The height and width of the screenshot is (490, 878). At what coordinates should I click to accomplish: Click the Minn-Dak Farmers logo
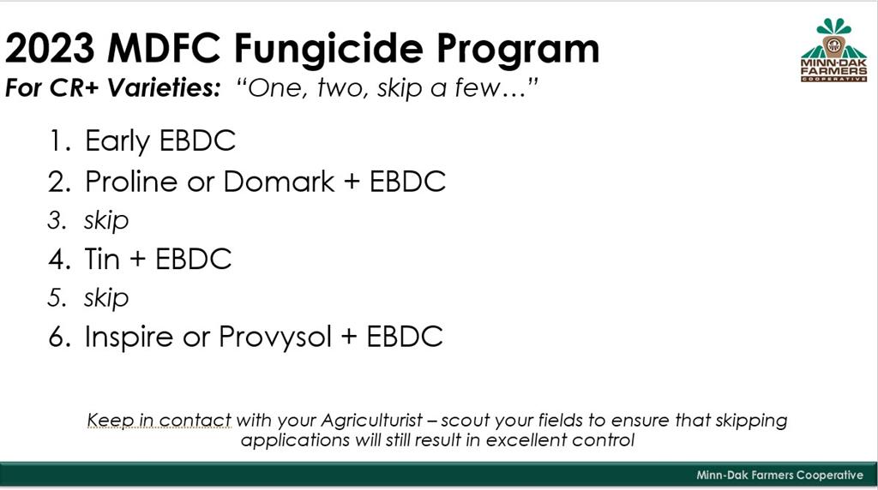point(833,51)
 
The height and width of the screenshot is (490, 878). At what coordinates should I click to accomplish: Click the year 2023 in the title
point(50,48)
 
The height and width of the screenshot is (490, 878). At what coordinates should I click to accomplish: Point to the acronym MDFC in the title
point(164,48)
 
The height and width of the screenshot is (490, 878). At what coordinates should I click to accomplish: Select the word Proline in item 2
point(131,182)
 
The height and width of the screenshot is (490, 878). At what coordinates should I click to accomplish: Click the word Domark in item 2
point(279,182)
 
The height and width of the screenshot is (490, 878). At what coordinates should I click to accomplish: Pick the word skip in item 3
point(106,220)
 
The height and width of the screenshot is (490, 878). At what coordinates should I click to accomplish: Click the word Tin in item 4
point(103,259)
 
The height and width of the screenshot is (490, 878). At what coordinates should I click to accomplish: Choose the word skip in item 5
point(106,298)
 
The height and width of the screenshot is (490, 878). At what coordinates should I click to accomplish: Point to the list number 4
point(57,260)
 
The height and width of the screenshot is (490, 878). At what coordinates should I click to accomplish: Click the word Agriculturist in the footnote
point(371,421)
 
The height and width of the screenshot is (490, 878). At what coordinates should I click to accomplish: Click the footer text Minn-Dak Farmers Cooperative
point(779,475)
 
